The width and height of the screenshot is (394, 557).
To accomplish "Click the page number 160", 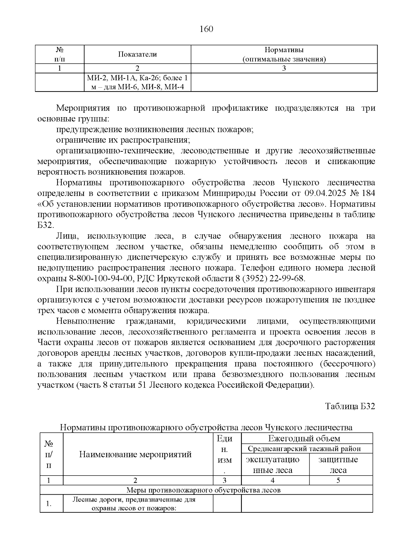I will (x=207, y=29).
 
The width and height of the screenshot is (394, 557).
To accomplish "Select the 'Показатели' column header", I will (x=138, y=54).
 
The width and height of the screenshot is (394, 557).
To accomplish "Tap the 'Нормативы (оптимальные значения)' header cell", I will (x=284, y=54).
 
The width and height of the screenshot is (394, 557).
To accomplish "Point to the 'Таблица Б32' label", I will (x=350, y=406).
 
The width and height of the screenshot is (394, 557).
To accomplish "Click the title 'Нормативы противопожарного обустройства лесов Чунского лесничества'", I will (x=206, y=428).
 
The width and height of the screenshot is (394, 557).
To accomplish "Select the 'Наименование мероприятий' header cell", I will (x=135, y=454).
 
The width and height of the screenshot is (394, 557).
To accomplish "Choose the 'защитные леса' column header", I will (x=338, y=464).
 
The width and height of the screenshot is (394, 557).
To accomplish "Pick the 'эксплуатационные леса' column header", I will (x=273, y=464).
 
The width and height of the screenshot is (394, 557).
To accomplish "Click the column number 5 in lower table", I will (x=338, y=481).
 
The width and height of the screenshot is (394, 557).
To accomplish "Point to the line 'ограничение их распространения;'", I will (x=123, y=140).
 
